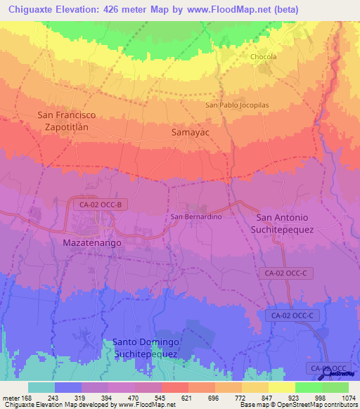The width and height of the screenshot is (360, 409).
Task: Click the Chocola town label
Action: tap(264, 57)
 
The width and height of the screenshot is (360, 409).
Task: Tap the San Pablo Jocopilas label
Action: tap(237, 105)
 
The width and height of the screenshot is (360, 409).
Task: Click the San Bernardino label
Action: tap(197, 217)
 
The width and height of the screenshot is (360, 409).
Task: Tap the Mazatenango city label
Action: tap(92, 242)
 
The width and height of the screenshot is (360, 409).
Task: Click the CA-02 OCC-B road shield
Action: tap(101, 204)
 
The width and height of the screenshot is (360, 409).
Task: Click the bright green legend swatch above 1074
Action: tap(335, 387)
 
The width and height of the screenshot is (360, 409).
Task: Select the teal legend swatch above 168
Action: tap(41, 387)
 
